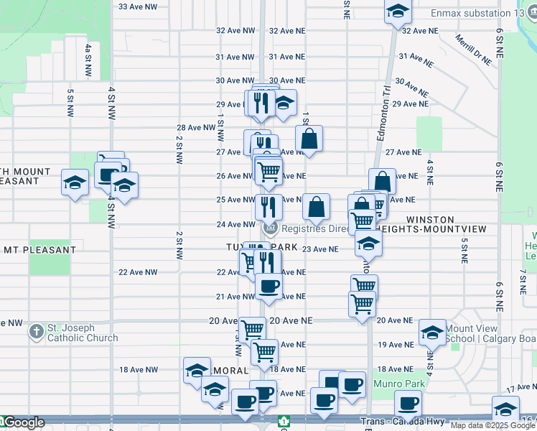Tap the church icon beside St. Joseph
tap(37, 333)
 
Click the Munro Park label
tap(400, 384)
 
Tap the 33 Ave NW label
tap(137, 6)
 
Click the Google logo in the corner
tap(24, 422)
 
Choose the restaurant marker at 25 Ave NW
tap(268, 207)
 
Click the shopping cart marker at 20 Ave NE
tap(252, 330)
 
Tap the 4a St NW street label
tap(88, 60)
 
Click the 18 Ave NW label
tap(137, 370)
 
